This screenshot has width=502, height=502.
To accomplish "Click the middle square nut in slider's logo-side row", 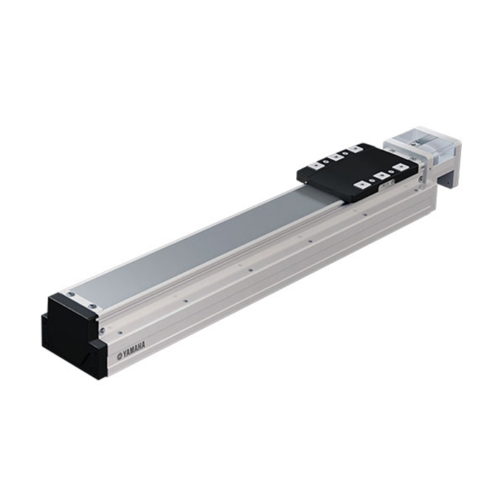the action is (x=380, y=176).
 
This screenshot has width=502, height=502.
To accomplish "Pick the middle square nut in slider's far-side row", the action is (x=335, y=157).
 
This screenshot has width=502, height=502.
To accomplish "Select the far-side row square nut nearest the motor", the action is (x=355, y=149).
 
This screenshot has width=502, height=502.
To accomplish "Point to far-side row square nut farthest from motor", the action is (x=315, y=165).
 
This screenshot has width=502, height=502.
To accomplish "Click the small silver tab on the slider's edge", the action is (x=387, y=185).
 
